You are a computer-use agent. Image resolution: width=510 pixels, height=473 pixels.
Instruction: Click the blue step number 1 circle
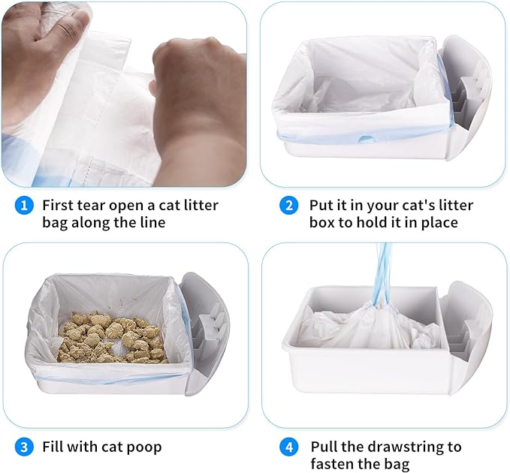[x=25, y=205]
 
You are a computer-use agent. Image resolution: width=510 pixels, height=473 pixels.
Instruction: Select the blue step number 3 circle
[x=25, y=447]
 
